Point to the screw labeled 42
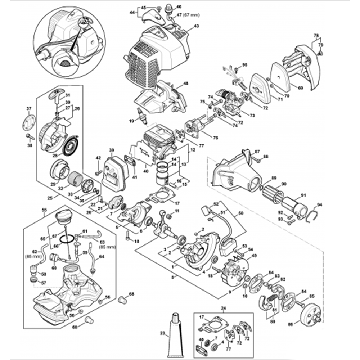(x=98, y=173)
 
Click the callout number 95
(x=245, y=65)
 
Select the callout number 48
(x=186, y=83)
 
